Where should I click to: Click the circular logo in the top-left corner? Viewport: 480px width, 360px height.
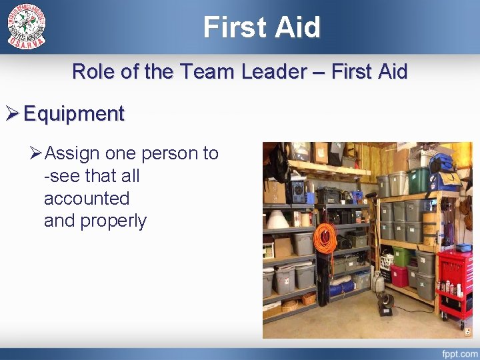click(27, 26)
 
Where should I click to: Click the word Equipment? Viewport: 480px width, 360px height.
click(73, 114)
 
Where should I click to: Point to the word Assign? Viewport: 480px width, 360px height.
click(73, 153)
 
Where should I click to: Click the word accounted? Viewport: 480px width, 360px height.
click(86, 199)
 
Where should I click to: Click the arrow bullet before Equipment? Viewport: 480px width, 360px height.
click(13, 114)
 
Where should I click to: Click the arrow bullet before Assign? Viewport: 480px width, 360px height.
click(37, 153)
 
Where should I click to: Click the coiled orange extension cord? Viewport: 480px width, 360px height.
click(325, 239)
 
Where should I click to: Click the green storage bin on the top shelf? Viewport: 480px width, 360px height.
click(419, 180)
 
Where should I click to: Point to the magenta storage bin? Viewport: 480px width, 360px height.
click(399, 275)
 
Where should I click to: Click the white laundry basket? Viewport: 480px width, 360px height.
click(386, 262)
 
